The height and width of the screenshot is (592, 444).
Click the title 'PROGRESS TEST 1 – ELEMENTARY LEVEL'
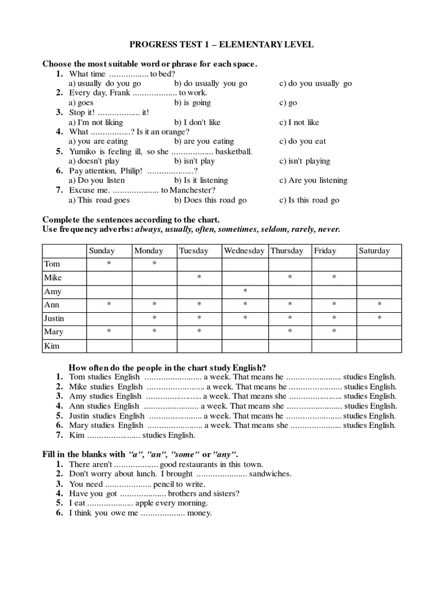click(221, 45)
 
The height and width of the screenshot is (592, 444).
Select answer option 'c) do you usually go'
click(315, 83)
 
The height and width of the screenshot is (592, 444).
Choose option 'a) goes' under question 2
click(81, 103)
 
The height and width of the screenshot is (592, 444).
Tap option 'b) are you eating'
click(203, 141)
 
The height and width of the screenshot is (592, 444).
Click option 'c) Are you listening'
click(313, 180)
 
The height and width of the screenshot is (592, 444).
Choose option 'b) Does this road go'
click(210, 200)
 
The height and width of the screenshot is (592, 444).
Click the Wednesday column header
click(244, 251)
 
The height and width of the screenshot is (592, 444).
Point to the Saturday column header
click(374, 251)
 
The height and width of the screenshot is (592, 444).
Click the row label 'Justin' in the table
click(54, 319)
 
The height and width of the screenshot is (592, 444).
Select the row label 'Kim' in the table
click(51, 346)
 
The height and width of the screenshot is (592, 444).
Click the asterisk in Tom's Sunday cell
click(109, 264)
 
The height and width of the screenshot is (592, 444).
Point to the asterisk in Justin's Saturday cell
click(379, 319)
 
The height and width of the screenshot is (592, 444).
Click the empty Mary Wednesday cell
click(245, 332)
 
